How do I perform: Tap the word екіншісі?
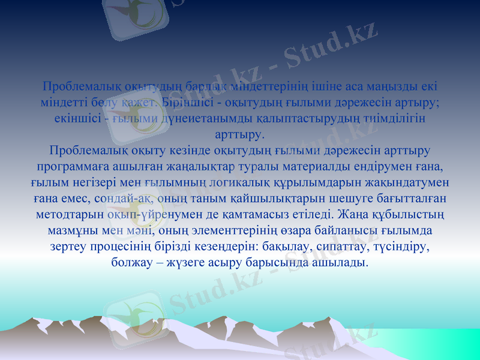pos(75,118)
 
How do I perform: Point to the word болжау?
pos(133,263)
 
